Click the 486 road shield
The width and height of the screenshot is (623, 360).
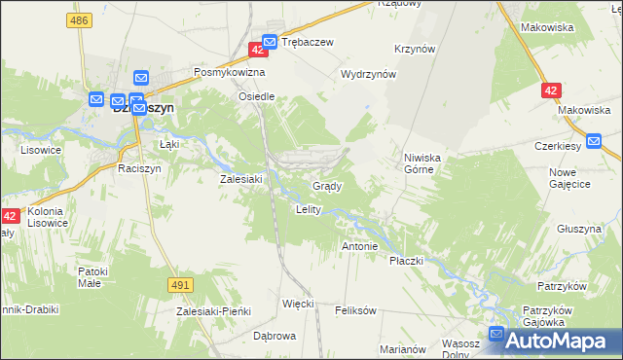pos(81,19)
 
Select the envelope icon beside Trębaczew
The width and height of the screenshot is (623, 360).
pos(271,42)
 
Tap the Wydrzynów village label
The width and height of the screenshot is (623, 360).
pos(369,74)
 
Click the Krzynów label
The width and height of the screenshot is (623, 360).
pos(415,49)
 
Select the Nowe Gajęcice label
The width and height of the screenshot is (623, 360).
pos(569,178)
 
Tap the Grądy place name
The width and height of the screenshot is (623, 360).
pos(325,185)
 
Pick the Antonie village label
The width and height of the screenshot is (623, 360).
pos(359,246)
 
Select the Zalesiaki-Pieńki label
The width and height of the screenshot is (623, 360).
pos(213,311)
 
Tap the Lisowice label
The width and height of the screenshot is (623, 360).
pos(41,151)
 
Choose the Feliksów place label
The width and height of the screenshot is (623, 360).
pos(355,311)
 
